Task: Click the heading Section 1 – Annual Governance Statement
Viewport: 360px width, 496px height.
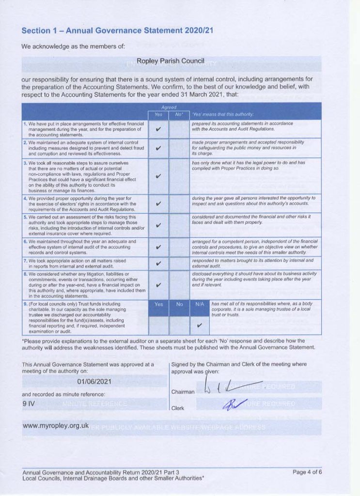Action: pos(118,31)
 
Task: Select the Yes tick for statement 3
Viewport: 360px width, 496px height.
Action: pos(158,176)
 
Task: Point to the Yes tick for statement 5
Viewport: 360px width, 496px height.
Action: pos(158,225)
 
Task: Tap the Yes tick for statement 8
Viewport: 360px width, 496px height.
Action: pos(158,285)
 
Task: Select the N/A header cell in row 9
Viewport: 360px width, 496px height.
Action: pos(199,306)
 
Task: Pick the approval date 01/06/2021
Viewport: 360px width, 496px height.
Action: pos(94,381)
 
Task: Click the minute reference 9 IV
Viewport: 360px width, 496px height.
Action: pos(29,403)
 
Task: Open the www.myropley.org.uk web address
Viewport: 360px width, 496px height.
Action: pos(56,426)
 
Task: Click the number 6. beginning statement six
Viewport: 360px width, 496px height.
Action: pos(25,241)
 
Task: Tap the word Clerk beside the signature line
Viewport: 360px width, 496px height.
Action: pos(178,408)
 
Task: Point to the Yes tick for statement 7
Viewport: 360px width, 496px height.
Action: pos(158,263)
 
